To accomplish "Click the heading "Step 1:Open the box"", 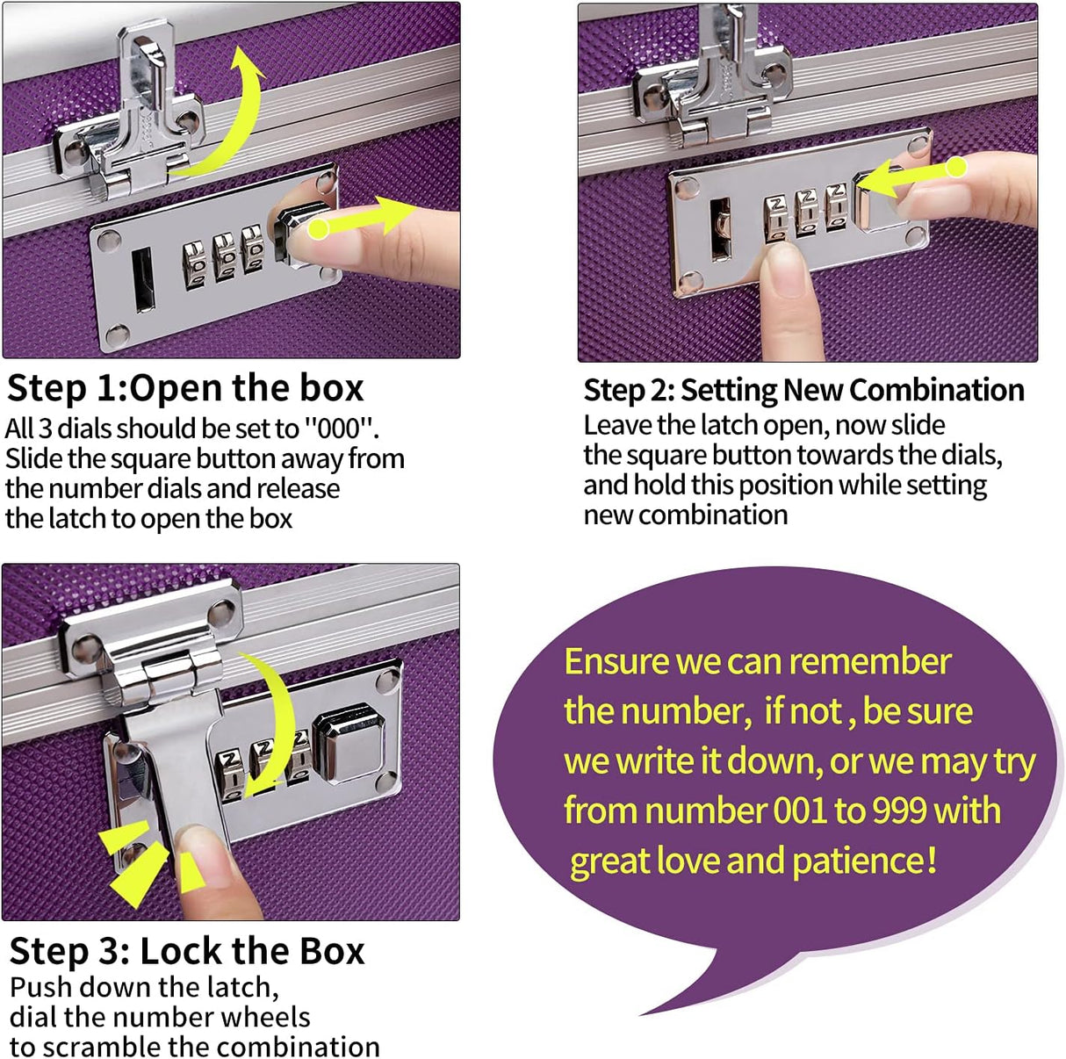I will coord(184,388).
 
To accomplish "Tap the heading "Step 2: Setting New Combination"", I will coord(803,390).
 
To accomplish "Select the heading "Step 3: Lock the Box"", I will coord(186,951).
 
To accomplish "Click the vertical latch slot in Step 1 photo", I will coord(141,279).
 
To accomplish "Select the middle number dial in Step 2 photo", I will coord(807,214).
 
